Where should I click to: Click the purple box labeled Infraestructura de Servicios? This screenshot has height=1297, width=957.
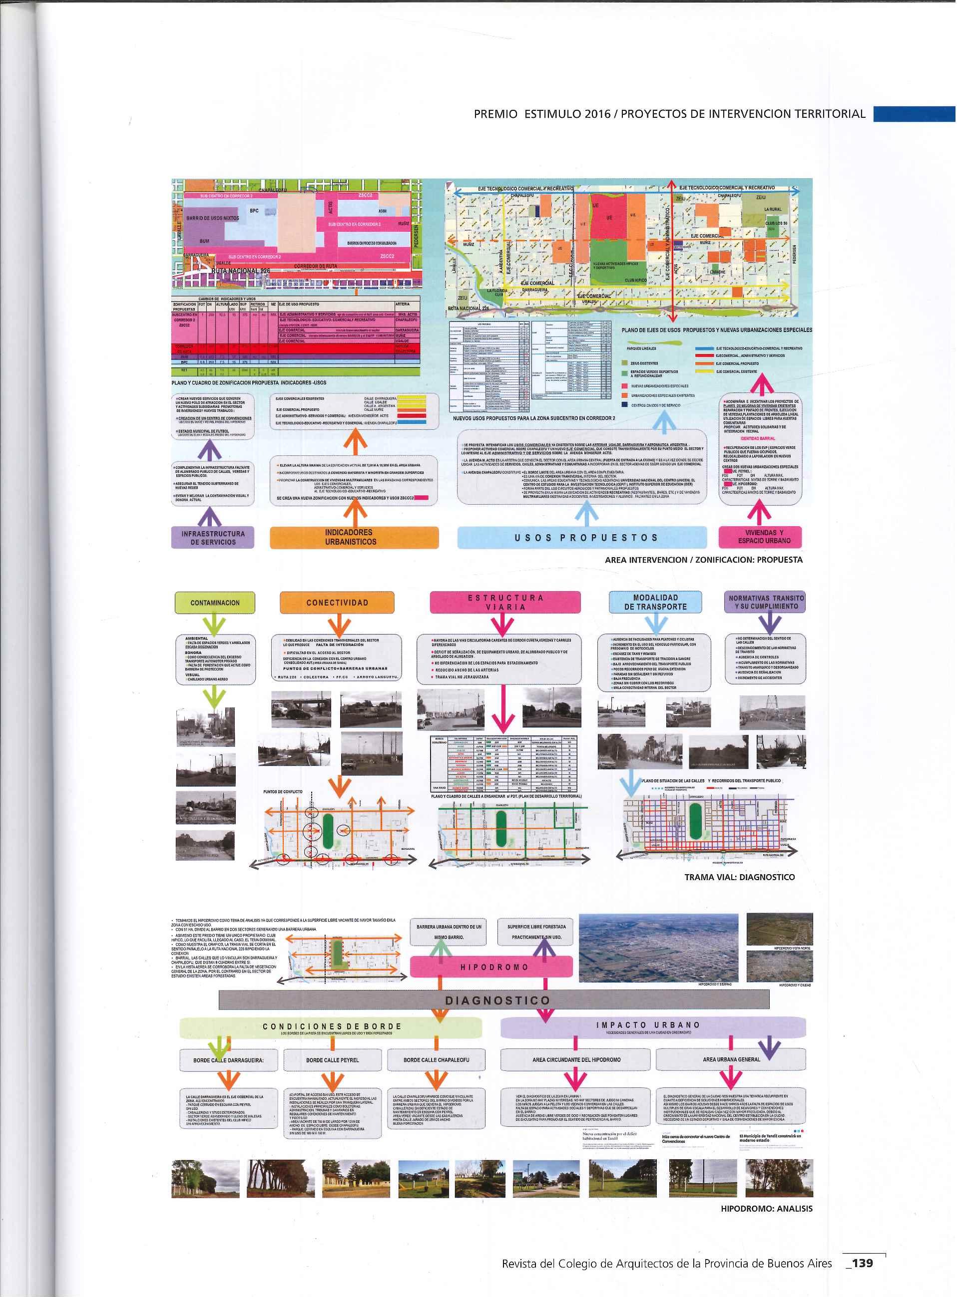[x=213, y=537]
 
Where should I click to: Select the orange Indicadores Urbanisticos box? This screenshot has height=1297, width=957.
[x=354, y=537]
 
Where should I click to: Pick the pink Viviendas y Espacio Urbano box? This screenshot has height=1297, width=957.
[x=760, y=537]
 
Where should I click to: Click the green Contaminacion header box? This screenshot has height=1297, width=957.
[x=215, y=603]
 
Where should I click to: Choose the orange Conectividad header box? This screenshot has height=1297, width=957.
[x=337, y=602]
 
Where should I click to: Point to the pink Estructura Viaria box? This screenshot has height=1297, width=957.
[x=505, y=602]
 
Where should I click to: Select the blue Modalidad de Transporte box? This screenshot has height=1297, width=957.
[x=655, y=602]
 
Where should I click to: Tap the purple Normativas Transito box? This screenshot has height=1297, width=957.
[x=766, y=602]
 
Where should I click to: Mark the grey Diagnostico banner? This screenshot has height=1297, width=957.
[x=493, y=1000]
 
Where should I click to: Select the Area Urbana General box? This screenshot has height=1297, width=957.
[x=731, y=1059]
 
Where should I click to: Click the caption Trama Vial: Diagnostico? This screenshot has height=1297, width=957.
[x=739, y=877]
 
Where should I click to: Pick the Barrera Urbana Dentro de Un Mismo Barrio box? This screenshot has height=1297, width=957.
[x=449, y=932]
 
